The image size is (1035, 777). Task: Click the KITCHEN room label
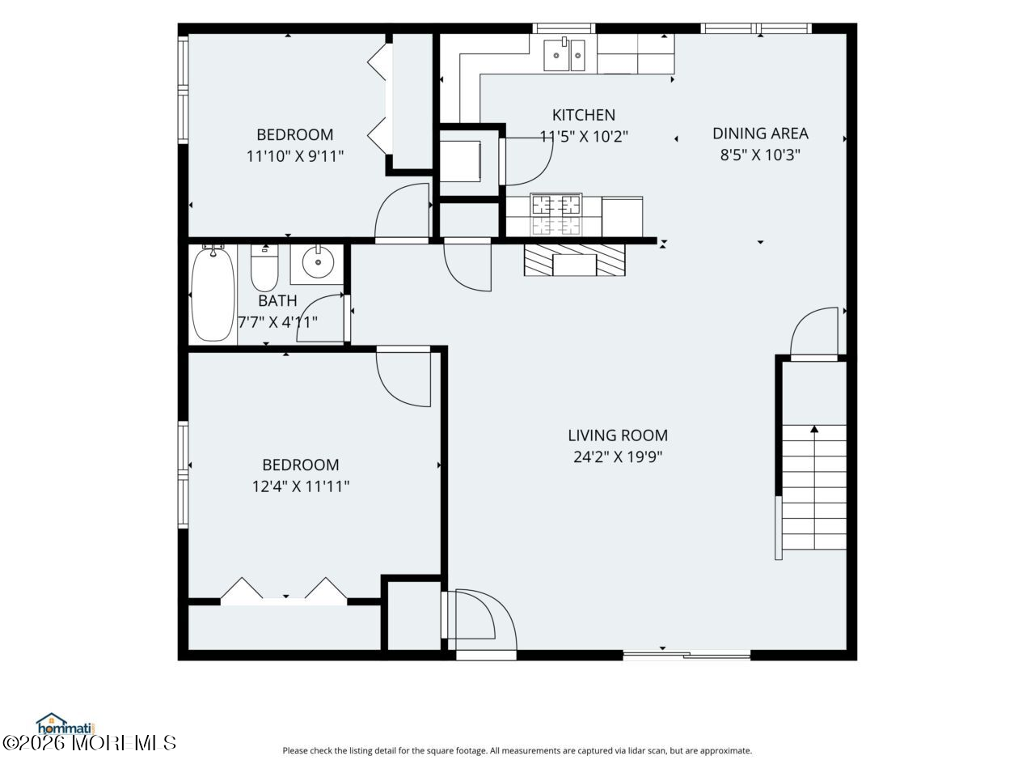pos(583,115)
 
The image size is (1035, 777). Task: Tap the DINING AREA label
pos(760,134)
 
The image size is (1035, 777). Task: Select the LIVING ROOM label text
pos(618,435)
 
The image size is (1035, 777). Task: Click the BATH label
pos(277,300)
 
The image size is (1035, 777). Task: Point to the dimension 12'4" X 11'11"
pos(300,486)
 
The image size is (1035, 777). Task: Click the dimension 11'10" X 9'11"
pos(294,156)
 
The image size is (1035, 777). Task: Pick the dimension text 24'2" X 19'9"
pos(618,457)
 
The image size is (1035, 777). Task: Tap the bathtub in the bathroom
pos(213,294)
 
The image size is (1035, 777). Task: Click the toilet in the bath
pos(264,268)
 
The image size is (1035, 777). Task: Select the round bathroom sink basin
pos(318,262)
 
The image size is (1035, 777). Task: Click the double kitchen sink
pos(564,55)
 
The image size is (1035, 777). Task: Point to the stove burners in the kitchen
pos(556,214)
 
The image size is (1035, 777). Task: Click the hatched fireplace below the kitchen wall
pos(574,260)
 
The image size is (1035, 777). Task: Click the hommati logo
pos(65,724)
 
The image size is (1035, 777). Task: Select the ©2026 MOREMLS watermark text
pos(89,743)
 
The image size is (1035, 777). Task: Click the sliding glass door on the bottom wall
pos(686,655)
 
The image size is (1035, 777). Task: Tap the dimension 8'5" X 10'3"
pos(760,155)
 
